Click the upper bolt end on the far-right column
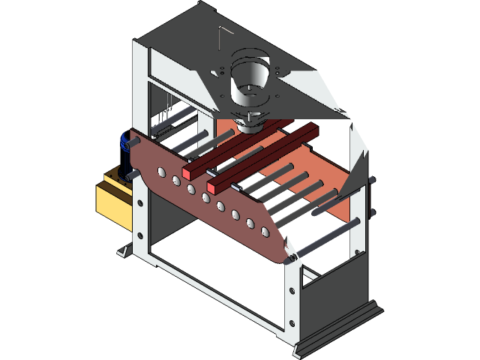(372, 181)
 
